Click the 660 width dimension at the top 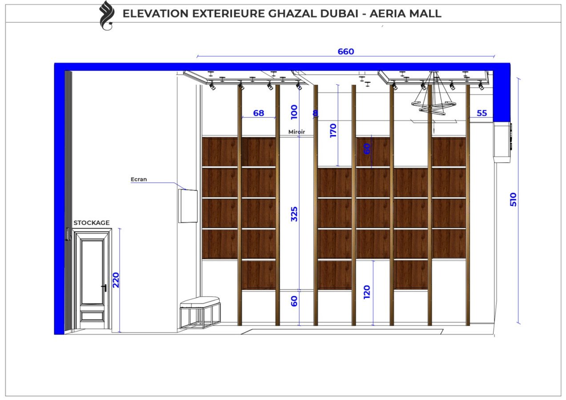pyautogui.click(x=345, y=52)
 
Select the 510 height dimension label pyautogui.click(x=514, y=200)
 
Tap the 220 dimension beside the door pyautogui.click(x=116, y=280)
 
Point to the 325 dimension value pyautogui.click(x=294, y=214)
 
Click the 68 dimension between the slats pyautogui.click(x=258, y=113)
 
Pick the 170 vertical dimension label pyautogui.click(x=333, y=131)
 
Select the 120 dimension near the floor pyautogui.click(x=367, y=292)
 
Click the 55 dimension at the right pyautogui.click(x=482, y=113)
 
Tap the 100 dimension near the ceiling pyautogui.click(x=294, y=112)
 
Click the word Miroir pyautogui.click(x=297, y=132)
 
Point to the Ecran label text pyautogui.click(x=139, y=180)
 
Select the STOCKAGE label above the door pyautogui.click(x=92, y=223)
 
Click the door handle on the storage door pyautogui.click(x=104, y=288)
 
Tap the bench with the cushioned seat pyautogui.click(x=200, y=311)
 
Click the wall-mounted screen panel pyautogui.click(x=188, y=205)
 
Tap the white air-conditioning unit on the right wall pyautogui.click(x=503, y=141)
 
